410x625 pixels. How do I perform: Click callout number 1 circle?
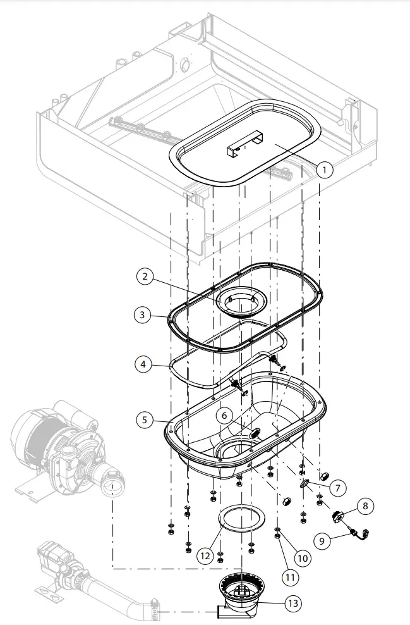pos(323,170)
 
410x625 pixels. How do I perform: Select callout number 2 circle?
pos(145,276)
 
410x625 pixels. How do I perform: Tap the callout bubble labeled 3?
pos(143,314)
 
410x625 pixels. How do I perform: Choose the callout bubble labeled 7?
pos(337,488)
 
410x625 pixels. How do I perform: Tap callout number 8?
pos(365,505)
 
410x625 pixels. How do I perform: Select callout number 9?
pos(322,541)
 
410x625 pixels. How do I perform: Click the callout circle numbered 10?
pos(303,558)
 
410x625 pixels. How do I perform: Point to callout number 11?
pos(289,576)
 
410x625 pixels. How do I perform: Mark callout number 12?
pos(204,556)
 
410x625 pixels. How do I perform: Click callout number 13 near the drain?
pos(292,603)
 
